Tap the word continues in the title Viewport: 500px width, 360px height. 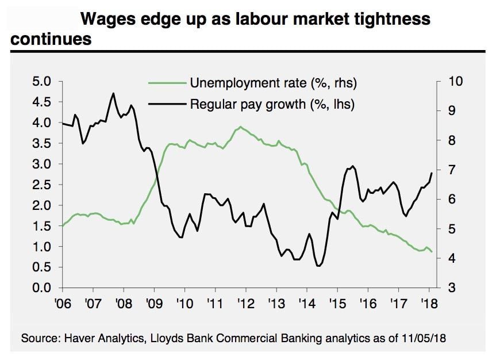tap(51, 39)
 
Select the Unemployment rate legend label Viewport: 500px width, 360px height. tap(274, 83)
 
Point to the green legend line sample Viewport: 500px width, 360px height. tap(168, 83)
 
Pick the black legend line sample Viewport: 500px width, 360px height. tap(168, 104)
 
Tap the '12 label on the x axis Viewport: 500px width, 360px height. tap(245, 303)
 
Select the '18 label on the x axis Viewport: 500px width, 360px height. tap(428, 303)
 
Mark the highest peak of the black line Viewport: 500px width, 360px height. tap(113, 93)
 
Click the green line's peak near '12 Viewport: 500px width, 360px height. tap(240, 127)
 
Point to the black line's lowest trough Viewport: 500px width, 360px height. tap(318, 266)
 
